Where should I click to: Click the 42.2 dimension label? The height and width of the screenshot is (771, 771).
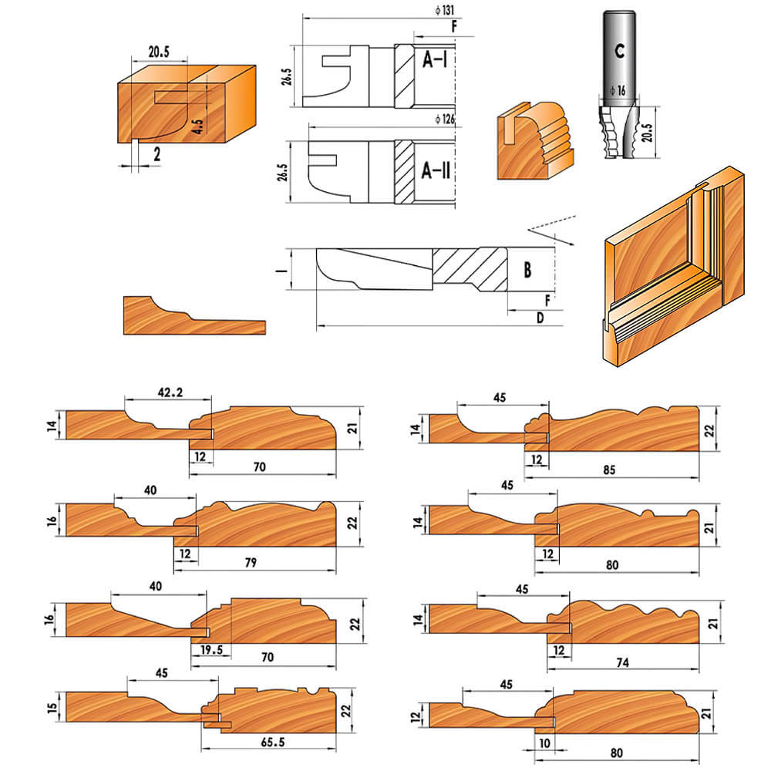click(170, 392)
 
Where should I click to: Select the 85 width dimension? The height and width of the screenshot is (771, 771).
click(609, 470)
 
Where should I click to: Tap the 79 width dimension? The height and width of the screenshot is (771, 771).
click(251, 563)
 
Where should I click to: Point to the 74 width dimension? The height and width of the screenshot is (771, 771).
click(622, 663)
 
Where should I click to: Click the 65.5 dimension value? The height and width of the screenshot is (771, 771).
click(273, 742)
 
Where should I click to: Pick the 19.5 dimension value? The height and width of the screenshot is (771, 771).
click(211, 649)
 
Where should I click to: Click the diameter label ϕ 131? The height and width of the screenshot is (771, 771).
click(445, 10)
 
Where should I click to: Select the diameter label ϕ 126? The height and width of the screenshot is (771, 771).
click(445, 119)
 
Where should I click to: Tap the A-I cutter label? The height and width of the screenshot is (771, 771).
click(435, 59)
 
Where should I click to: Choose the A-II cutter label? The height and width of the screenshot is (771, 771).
click(436, 170)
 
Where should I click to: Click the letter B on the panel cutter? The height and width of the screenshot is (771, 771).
click(527, 270)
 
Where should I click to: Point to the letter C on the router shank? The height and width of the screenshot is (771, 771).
click(620, 51)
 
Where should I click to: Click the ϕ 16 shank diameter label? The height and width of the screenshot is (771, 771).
click(618, 90)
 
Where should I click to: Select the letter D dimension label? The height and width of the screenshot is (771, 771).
click(540, 318)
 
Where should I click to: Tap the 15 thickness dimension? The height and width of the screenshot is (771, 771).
click(52, 708)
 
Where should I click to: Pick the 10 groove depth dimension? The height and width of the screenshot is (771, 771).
click(544, 743)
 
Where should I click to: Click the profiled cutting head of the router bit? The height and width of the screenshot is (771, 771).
click(618, 131)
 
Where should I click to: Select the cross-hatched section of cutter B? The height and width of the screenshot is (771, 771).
click(470, 269)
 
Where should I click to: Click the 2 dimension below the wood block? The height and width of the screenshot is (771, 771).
click(157, 154)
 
